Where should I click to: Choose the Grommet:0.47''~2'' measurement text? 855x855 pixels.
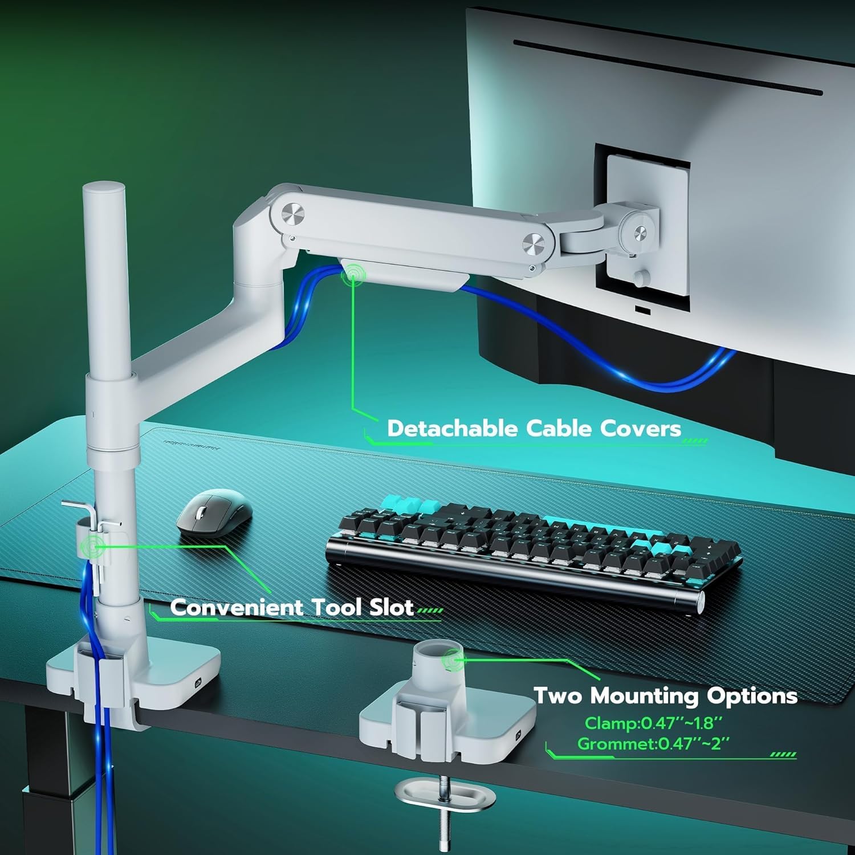tap(653, 744)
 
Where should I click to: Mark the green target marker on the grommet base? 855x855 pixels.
tap(453, 660)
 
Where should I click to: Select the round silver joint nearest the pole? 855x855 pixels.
tap(293, 214)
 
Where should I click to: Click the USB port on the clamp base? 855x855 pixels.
tap(198, 681)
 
